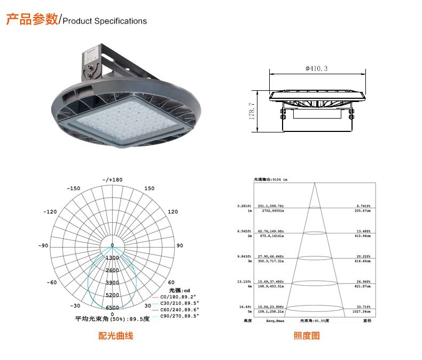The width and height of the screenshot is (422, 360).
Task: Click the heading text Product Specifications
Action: (105, 21)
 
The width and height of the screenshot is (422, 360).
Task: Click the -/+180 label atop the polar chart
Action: (112, 180)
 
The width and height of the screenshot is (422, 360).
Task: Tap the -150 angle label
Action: (73, 189)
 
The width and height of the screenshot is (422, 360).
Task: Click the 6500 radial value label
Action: (112, 308)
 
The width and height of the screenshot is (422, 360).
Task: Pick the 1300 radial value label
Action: (112, 258)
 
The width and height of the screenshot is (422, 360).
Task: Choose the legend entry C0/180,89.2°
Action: (179, 296)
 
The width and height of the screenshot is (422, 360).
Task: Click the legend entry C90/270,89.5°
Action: (181, 316)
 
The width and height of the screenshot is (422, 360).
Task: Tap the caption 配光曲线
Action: (115, 336)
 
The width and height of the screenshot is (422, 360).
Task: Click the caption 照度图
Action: (307, 336)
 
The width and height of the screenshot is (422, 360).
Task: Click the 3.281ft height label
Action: (244, 206)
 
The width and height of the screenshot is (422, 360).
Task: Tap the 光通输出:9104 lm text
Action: (271, 179)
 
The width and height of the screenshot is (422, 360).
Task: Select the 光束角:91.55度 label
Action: (314, 321)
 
